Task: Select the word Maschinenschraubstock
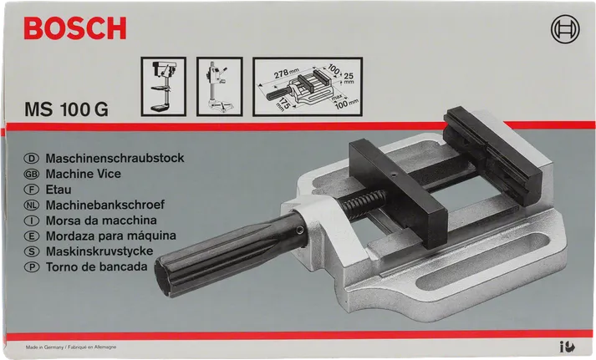[x=116, y=157]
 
